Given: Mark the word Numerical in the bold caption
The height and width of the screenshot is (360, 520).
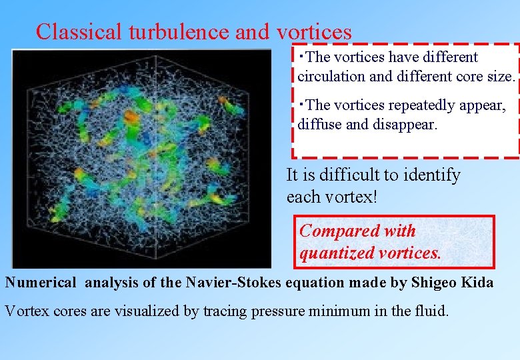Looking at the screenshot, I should pos(41,283).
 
